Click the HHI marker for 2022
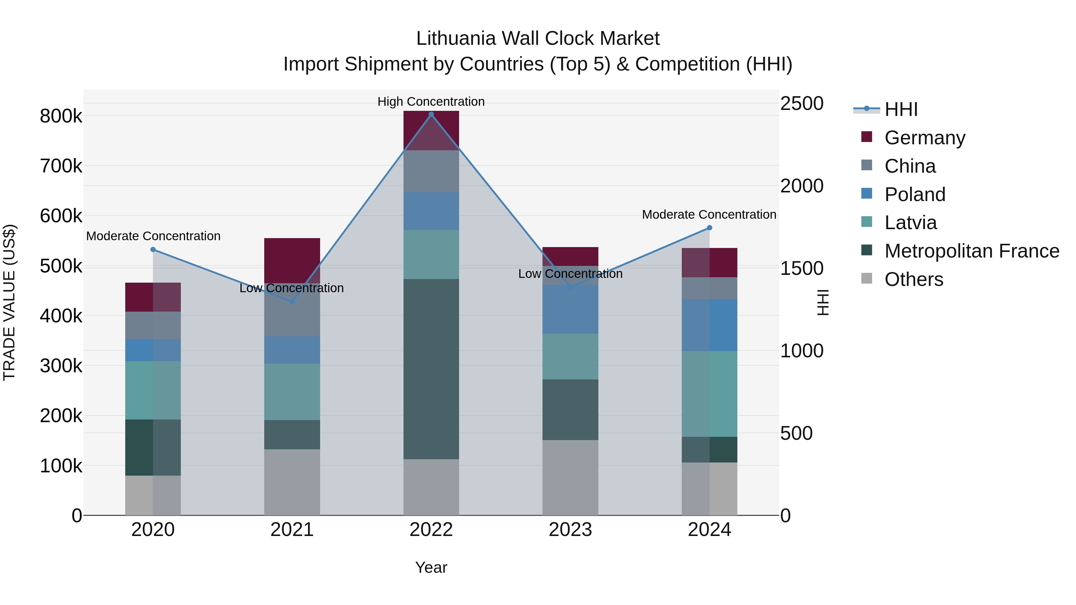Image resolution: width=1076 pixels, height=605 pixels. coord(431,114)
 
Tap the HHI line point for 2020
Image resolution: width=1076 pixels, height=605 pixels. coord(153,250)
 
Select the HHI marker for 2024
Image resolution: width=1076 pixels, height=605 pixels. coord(709,228)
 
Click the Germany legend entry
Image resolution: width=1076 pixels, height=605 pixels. coord(924,138)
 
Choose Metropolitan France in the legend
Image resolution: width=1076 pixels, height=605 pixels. coord(972,251)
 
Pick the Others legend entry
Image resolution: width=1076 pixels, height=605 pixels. coord(913,279)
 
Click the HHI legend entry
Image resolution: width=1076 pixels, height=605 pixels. coord(901,109)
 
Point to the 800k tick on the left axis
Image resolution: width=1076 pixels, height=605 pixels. coord(61,116)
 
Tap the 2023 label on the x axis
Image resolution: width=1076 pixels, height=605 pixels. coord(570,530)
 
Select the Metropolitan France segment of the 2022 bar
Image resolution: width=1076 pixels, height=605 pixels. coord(431,369)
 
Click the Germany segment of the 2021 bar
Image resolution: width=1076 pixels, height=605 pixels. coord(292,261)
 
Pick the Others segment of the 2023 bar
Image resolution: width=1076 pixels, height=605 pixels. coord(570,478)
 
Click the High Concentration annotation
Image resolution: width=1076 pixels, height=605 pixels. coord(431,102)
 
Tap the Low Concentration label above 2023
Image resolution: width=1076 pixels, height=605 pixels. coord(570,274)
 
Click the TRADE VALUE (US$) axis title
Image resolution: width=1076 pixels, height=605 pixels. coord(9,302)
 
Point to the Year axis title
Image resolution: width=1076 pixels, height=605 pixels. coord(431,567)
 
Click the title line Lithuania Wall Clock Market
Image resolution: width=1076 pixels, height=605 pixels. coord(538,39)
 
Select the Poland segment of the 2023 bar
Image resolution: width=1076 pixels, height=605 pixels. coord(570,310)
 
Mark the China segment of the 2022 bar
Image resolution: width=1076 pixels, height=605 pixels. coord(431,171)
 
